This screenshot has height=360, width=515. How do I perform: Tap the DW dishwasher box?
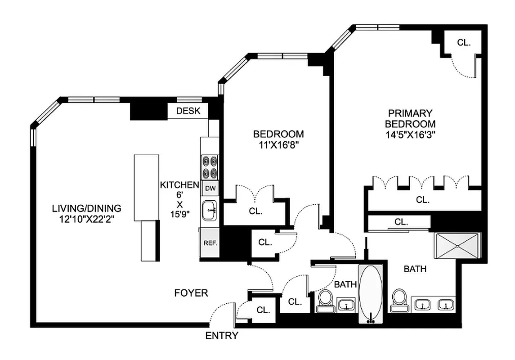click(210, 189)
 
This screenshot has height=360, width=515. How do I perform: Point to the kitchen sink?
click(210, 211)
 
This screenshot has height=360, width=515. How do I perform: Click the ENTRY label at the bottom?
click(222, 336)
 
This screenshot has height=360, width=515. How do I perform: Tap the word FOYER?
click(191, 293)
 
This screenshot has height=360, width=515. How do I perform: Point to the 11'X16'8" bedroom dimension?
click(278, 144)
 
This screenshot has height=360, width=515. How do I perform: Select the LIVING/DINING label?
click(86, 208)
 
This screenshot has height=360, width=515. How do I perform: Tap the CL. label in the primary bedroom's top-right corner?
click(464, 43)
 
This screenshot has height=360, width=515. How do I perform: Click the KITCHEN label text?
click(180, 185)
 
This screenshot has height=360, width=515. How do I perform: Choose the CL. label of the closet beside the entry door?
click(263, 310)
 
